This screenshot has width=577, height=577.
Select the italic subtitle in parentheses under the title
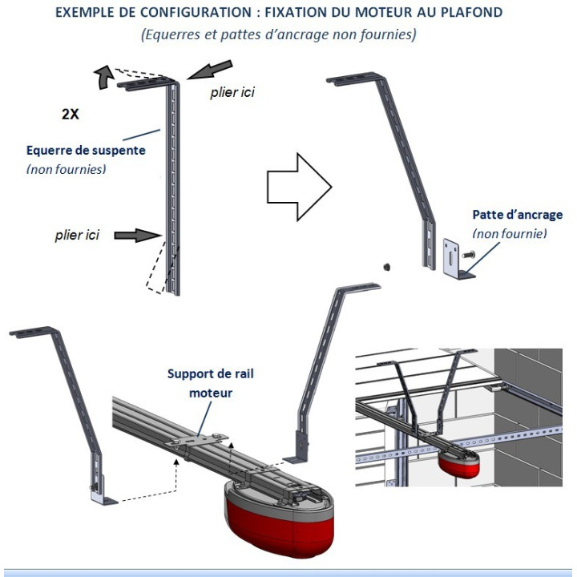point(278,35)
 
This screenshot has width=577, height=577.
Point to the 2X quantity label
point(71,114)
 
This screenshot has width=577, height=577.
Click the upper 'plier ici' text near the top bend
point(232,92)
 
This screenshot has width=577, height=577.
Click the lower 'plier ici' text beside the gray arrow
point(77,235)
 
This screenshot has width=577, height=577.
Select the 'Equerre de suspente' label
point(86,150)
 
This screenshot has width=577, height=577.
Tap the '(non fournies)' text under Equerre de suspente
point(66,169)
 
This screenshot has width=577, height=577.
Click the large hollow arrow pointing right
point(297,187)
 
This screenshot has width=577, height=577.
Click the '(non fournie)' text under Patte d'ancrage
point(510,233)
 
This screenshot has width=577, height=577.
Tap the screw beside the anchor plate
point(469,256)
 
